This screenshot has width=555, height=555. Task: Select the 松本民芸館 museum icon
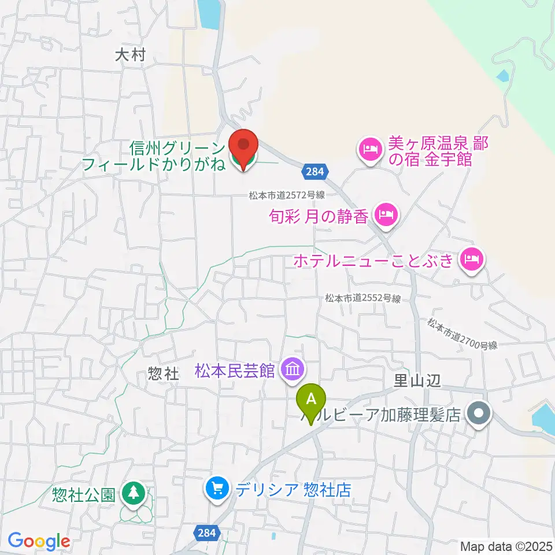coord(293,368)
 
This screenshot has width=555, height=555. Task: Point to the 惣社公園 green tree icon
coord(134,493)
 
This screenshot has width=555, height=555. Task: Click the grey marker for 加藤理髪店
coord(479,413)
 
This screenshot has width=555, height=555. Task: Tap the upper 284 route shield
coord(316,171)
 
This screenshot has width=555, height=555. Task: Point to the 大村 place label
coord(129,55)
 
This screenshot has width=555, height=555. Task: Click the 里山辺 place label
coord(417,379)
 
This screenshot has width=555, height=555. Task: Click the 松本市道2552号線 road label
coord(362,298)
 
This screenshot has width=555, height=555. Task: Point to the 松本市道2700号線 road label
coord(462,334)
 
